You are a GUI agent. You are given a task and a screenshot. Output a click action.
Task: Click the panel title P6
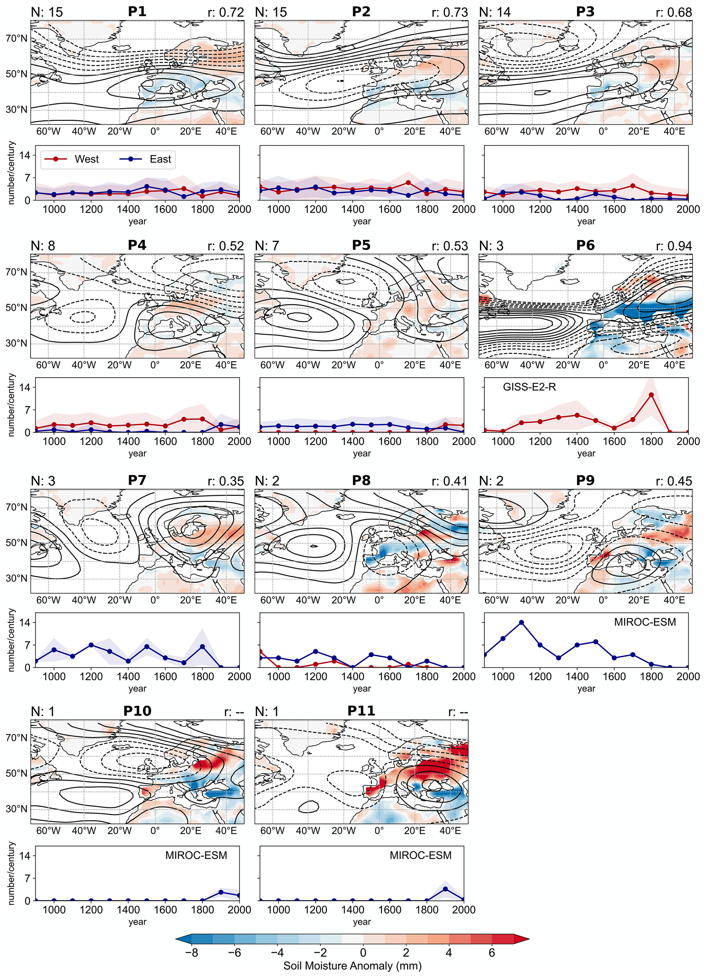[585, 246]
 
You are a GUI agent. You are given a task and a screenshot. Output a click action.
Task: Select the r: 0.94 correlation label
[674, 246]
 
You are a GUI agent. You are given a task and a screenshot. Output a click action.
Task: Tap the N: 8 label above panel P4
[43, 246]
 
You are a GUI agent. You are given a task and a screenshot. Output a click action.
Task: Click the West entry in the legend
[86, 159]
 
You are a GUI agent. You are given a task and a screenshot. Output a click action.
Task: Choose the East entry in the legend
[160, 159]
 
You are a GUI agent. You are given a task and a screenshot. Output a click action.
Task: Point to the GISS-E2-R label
[529, 387]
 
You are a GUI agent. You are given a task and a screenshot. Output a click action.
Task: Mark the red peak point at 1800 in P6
[651, 394]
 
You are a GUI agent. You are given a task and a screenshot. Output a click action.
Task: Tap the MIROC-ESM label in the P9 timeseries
[645, 622]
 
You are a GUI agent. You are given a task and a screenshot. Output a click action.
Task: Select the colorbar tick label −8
[192, 952]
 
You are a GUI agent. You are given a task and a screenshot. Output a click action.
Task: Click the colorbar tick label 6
[492, 952]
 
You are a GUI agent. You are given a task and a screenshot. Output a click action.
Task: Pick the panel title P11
[361, 711]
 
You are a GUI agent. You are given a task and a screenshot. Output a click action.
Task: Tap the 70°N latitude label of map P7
[16, 507]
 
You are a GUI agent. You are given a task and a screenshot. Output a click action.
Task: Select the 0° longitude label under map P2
[379, 131]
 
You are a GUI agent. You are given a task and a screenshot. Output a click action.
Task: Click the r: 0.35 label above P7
[225, 481]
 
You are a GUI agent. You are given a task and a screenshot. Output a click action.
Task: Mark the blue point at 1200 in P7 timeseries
[91, 645]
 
